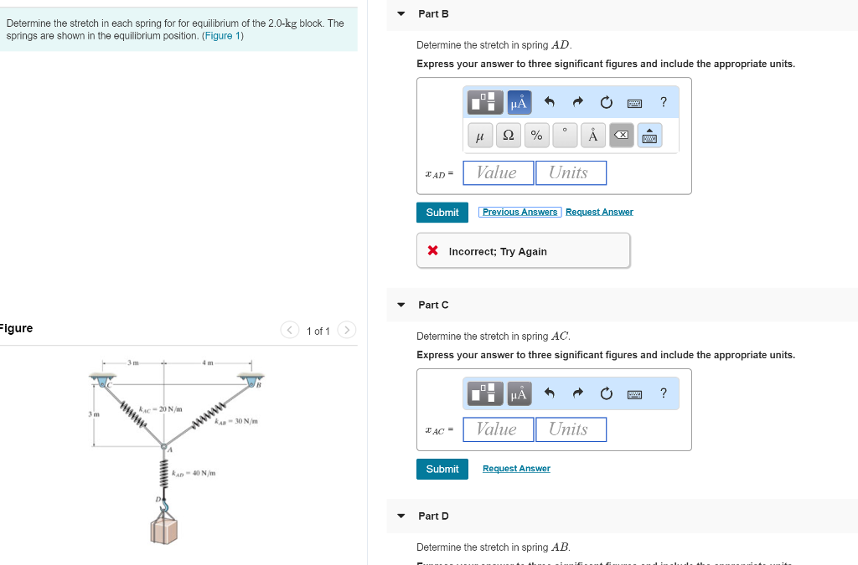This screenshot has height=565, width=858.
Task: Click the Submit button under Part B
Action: pyautogui.click(x=442, y=213)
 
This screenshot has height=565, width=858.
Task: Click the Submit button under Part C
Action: pyautogui.click(x=442, y=469)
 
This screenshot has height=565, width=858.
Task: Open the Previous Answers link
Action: pyautogui.click(x=519, y=213)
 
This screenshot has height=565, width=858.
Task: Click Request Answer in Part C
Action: pyautogui.click(x=516, y=469)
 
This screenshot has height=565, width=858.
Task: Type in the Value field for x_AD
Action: pyautogui.click(x=498, y=173)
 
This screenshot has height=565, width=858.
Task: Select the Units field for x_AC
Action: pyautogui.click(x=571, y=429)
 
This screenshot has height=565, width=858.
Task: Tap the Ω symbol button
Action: pyautogui.click(x=508, y=135)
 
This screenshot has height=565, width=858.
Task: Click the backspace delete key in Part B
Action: pyautogui.click(x=621, y=135)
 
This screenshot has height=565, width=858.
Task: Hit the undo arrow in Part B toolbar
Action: pyautogui.click(x=550, y=103)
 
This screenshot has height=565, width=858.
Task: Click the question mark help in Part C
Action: pyautogui.click(x=663, y=393)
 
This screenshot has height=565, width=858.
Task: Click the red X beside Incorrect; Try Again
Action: pyautogui.click(x=432, y=251)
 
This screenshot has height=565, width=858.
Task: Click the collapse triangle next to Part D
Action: pyautogui.click(x=401, y=516)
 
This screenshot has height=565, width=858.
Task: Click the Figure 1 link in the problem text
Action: pyautogui.click(x=222, y=36)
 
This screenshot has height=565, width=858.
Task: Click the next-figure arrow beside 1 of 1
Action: pyautogui.click(x=347, y=331)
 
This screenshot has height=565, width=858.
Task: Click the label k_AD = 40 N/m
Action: pyautogui.click(x=194, y=474)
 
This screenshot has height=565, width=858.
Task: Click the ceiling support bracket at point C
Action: pyautogui.click(x=104, y=382)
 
